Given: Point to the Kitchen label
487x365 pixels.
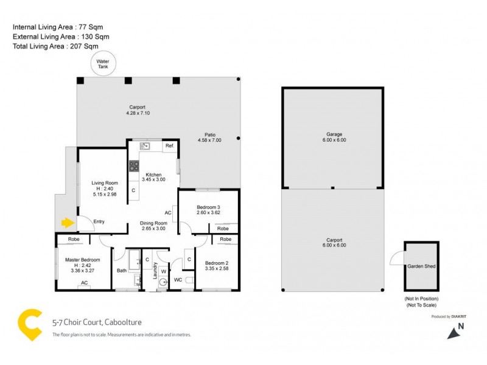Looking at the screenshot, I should coord(153,175).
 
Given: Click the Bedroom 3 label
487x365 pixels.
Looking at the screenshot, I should coord(208,208).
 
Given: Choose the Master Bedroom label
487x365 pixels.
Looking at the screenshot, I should coord(82,260).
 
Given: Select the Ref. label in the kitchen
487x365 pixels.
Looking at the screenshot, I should coord(169,146).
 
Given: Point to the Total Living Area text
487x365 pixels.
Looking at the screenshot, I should coord(55,46).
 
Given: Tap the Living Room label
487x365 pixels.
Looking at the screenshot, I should coord(104,182).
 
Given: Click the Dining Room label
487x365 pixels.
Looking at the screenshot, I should coord(153,223).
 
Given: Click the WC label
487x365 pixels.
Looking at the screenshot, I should coord(178,280).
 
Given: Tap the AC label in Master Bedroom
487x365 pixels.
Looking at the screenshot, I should coord(85,283).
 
